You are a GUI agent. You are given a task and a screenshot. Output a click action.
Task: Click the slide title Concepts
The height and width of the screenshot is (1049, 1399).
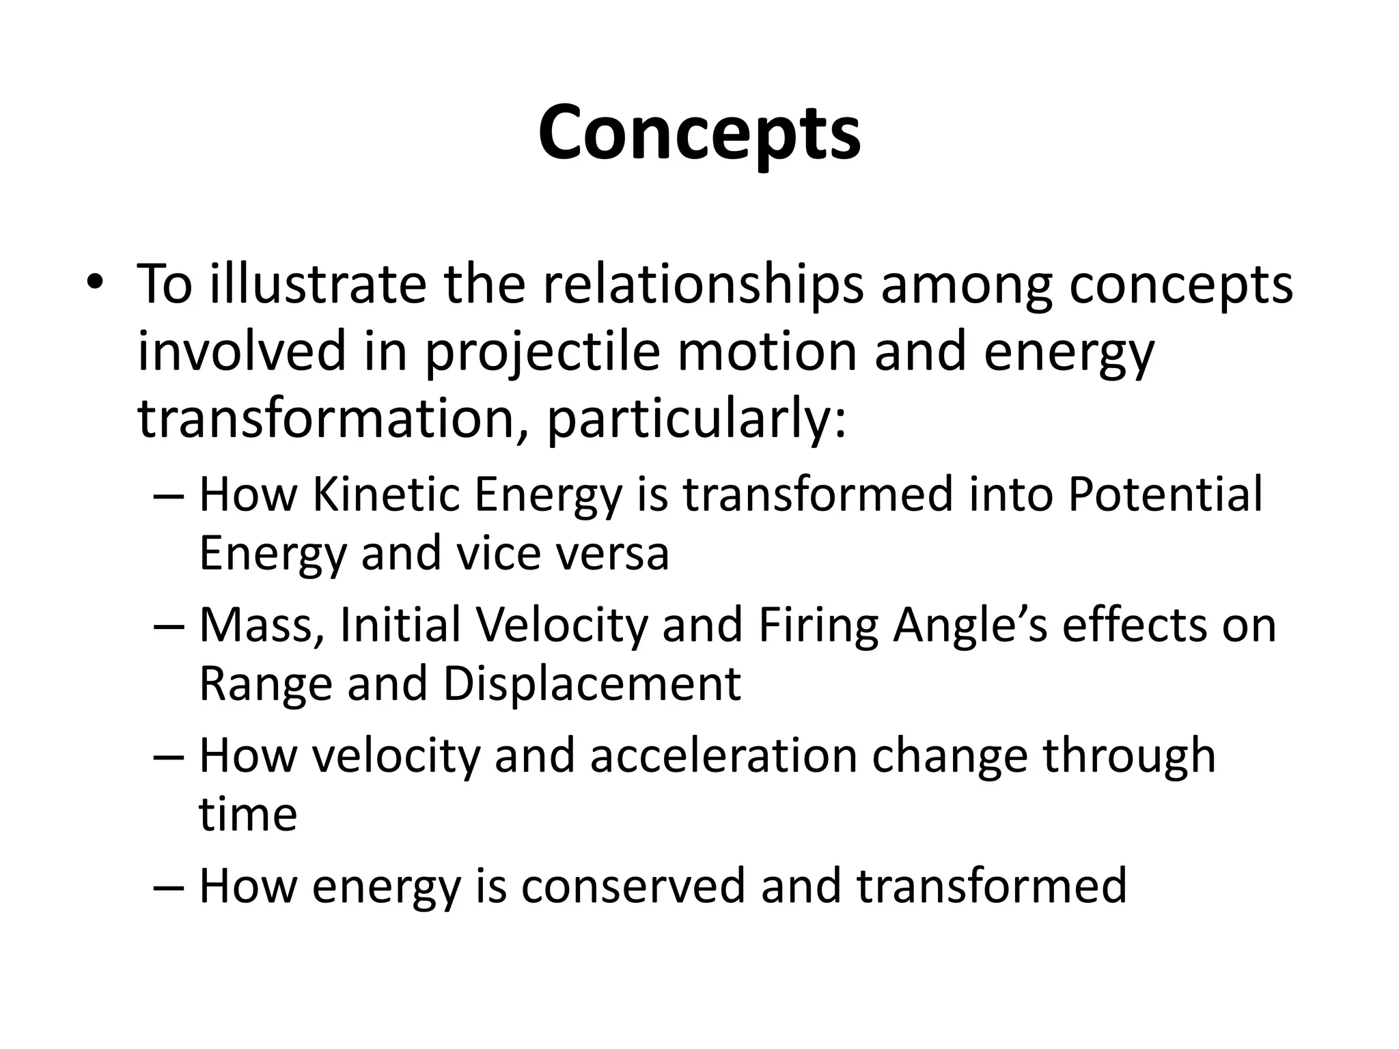699,134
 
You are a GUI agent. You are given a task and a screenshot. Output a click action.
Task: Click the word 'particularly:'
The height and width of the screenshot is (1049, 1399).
697,419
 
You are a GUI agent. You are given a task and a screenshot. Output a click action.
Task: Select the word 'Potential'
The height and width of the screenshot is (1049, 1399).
1165,494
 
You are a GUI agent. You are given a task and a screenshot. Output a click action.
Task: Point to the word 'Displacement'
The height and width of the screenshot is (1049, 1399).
592,684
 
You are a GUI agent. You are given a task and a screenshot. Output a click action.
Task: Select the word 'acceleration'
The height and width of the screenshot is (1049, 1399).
723,756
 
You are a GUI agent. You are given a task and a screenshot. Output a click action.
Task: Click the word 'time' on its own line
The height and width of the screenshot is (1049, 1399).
248,815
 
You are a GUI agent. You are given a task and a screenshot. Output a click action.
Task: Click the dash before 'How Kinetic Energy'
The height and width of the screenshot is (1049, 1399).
168,496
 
